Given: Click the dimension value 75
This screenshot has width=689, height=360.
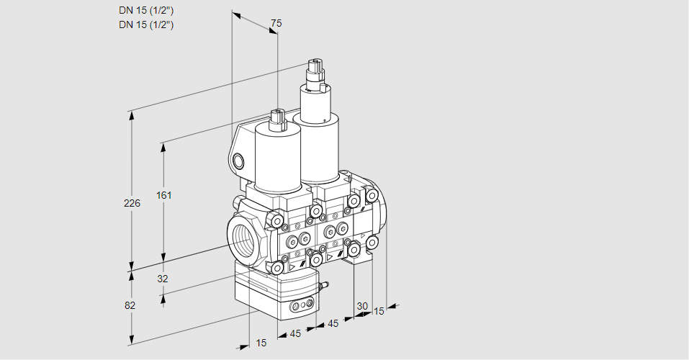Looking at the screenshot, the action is point(276,23).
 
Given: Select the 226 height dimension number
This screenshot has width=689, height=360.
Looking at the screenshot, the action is point(132,203).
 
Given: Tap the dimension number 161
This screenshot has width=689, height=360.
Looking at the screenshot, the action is point(164,195).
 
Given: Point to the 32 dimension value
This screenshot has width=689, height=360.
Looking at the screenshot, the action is point(163,279).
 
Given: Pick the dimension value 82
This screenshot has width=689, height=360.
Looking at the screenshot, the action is point(130,305).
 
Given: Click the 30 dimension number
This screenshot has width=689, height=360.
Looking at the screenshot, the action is point(362,306).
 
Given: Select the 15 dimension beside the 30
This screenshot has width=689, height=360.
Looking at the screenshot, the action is point(378,311).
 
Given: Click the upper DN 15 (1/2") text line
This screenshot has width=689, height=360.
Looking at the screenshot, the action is point(146,11).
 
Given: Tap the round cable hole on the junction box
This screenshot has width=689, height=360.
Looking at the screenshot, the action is point(238,161).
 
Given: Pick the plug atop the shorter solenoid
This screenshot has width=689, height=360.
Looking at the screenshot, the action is point(277,120).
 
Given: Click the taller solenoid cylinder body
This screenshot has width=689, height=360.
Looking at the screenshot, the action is point(315,132).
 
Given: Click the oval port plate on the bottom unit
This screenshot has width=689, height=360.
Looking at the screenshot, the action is point(303,304).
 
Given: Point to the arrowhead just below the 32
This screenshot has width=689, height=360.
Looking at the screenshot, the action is point(163,299).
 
